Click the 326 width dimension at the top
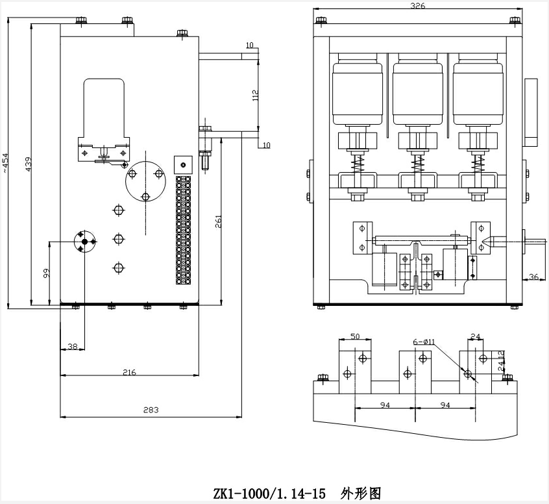click(x=419, y=6)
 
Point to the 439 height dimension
click(x=29, y=164)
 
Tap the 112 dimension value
click(x=255, y=95)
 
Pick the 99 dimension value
click(x=46, y=273)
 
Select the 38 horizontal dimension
click(x=73, y=347)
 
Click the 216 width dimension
click(x=129, y=372)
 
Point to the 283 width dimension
click(x=151, y=410)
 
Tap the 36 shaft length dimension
click(x=533, y=277)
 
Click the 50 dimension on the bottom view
click(x=355, y=336)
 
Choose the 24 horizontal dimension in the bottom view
click(x=475, y=336)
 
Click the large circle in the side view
click(x=147, y=184)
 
